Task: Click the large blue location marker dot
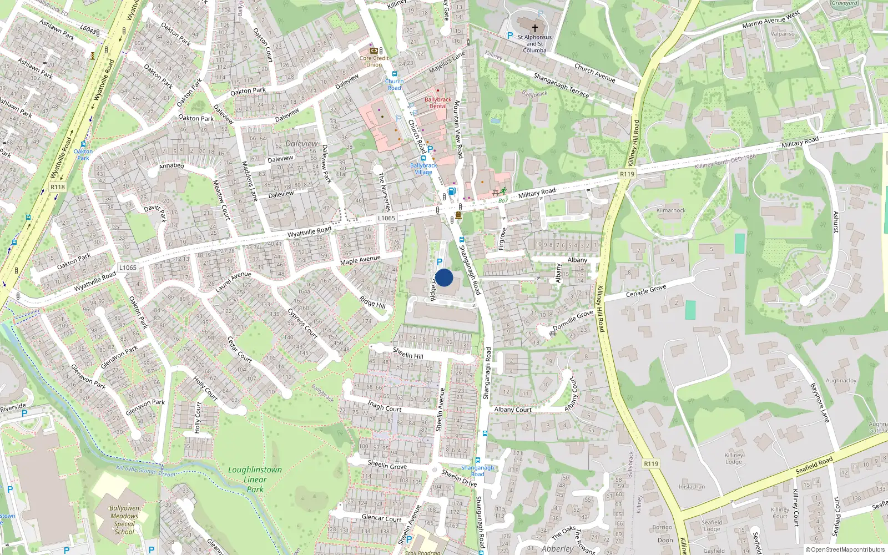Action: click(x=444, y=277)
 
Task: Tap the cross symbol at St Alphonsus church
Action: click(x=535, y=28)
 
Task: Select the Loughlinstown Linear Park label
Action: click(x=255, y=480)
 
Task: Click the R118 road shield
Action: click(x=58, y=187)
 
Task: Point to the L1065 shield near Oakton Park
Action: click(x=128, y=268)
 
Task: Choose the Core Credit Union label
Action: click(x=374, y=61)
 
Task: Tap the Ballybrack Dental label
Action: click(x=437, y=103)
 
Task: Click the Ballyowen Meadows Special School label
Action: click(x=124, y=519)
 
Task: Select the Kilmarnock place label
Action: click(x=671, y=210)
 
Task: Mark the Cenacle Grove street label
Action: click(x=646, y=291)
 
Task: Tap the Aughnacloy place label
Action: click(x=841, y=381)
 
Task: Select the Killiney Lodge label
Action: click(x=734, y=458)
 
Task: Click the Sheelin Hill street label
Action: click(x=408, y=353)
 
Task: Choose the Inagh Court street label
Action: click(x=384, y=406)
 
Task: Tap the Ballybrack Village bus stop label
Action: click(x=423, y=169)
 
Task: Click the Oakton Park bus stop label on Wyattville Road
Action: click(x=83, y=154)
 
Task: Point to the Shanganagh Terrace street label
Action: click(x=561, y=85)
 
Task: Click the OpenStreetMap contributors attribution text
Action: click(x=845, y=549)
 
